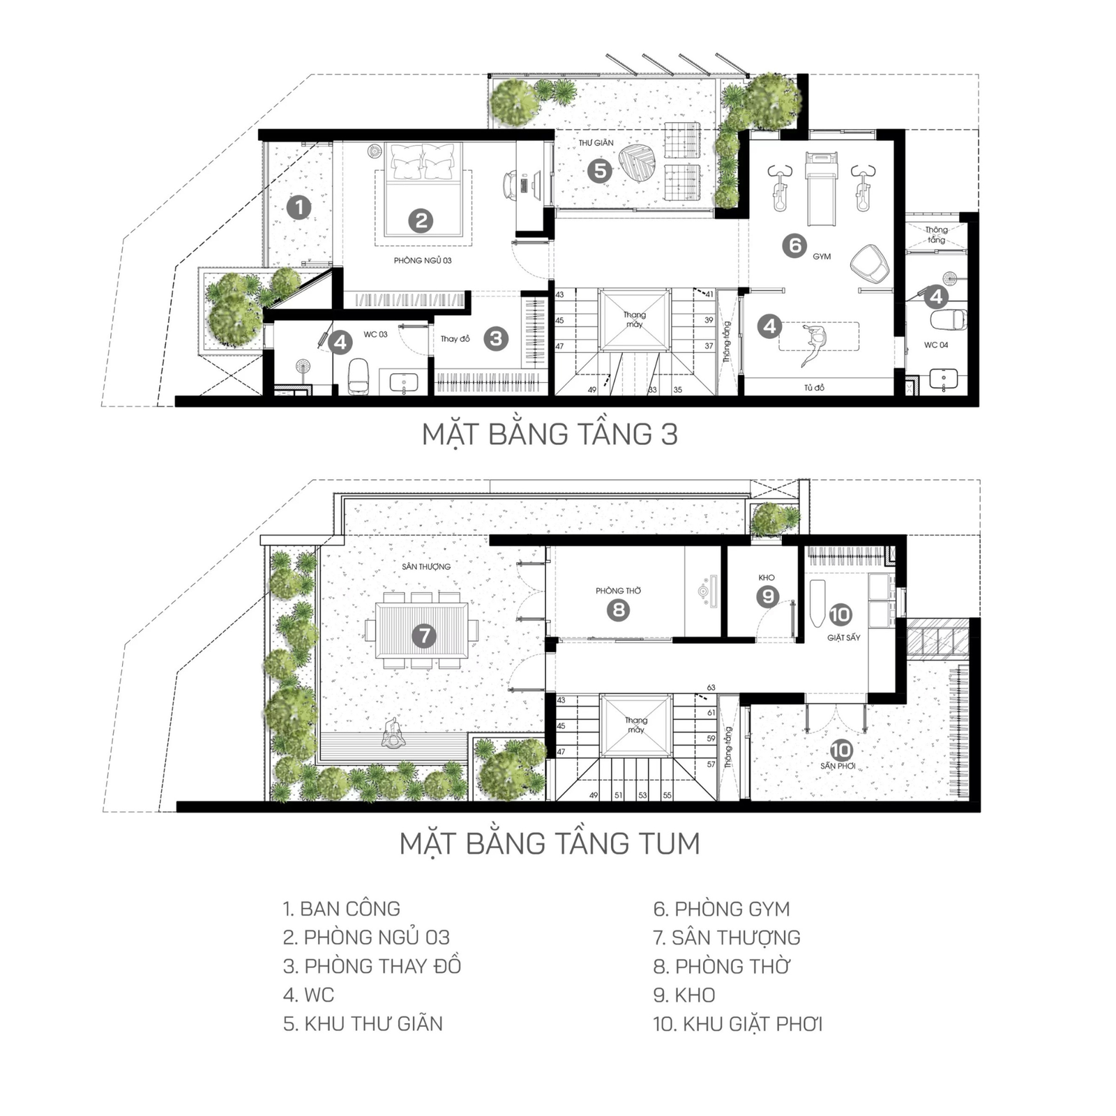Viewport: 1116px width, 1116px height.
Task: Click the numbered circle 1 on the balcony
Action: (x=299, y=207)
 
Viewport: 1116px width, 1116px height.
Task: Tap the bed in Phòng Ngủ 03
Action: (x=422, y=189)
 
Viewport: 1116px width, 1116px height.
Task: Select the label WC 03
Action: (x=375, y=335)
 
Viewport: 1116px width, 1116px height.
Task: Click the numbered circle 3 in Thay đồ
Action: (x=496, y=338)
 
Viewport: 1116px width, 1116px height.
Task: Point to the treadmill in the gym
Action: (x=820, y=188)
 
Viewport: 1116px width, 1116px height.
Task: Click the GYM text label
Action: (x=822, y=257)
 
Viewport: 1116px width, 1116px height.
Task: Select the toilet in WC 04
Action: (x=949, y=319)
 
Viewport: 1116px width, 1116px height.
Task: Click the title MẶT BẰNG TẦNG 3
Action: (x=550, y=434)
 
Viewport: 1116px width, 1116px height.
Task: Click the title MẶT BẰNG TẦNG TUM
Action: (x=550, y=843)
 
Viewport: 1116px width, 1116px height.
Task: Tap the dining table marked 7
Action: (x=421, y=631)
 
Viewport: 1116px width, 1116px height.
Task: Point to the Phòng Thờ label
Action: (x=618, y=591)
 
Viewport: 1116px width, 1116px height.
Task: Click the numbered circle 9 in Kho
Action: (x=768, y=596)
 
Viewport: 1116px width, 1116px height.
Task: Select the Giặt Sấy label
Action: (x=844, y=638)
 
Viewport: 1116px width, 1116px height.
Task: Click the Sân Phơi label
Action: (x=838, y=766)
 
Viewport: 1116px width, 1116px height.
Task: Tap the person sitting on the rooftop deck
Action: (x=394, y=734)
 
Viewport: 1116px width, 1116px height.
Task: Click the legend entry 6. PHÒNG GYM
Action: (x=722, y=909)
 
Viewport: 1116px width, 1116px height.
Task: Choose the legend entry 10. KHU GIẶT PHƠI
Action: (x=738, y=1024)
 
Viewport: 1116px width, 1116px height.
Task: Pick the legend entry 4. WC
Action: (x=309, y=995)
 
